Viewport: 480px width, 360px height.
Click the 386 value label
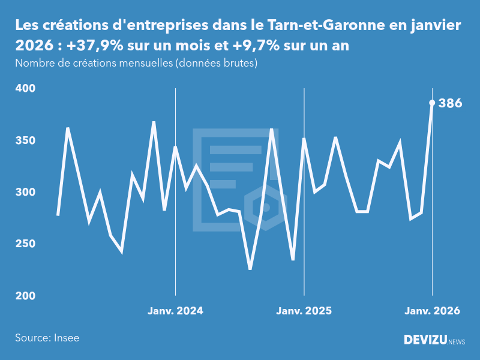tap(450, 103)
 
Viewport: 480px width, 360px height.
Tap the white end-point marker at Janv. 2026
tap(432, 103)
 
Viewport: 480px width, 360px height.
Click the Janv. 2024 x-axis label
tap(175, 311)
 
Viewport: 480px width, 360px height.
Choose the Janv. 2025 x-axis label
tap(304, 311)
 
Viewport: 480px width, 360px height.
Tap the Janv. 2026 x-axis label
tap(432, 311)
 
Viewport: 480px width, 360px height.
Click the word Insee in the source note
tap(66, 338)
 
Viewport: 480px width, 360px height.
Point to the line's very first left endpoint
tap(58, 215)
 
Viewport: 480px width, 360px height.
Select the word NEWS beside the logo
tap(456, 342)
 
